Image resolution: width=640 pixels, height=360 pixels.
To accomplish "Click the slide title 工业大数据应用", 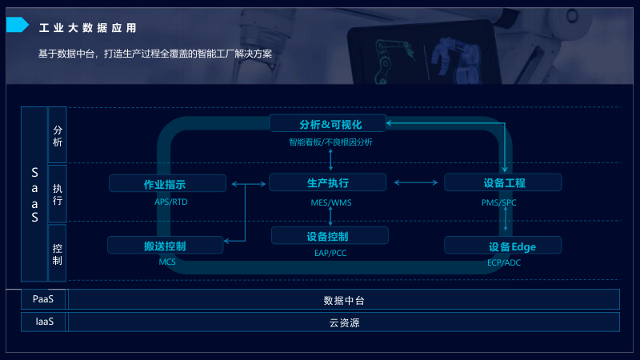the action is [87, 28].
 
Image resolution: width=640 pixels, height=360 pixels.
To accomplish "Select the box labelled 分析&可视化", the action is [328, 124].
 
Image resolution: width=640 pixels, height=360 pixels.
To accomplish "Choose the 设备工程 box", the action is [503, 183].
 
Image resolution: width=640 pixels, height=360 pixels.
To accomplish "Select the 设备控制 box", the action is [330, 236].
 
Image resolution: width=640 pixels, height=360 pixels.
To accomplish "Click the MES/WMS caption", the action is [330, 202].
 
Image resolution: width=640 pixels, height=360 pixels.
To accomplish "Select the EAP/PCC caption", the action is [330, 254].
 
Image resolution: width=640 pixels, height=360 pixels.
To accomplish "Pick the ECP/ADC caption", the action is [503, 262].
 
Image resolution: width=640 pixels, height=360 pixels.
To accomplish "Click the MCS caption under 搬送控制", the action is [166, 262].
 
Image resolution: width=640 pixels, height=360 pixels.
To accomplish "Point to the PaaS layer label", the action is [43, 300].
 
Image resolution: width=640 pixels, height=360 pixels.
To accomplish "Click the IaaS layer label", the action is [44, 322].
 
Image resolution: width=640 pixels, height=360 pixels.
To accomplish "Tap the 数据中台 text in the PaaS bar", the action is [344, 301].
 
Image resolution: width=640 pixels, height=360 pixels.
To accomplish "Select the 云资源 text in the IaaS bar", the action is [344, 323].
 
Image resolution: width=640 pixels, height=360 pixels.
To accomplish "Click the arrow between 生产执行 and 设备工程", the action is [416, 183].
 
